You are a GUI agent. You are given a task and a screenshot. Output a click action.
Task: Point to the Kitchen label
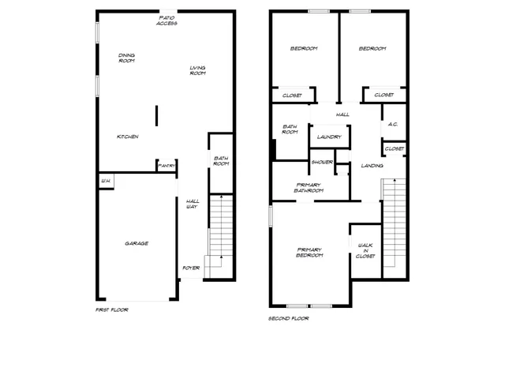point(128,137)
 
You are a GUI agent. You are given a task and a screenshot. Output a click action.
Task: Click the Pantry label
point(166,166)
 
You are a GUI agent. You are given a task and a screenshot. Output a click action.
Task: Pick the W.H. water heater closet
point(105,182)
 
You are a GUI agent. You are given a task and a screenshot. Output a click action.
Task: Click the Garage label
point(137,243)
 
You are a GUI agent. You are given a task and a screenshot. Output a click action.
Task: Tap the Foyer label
point(191,268)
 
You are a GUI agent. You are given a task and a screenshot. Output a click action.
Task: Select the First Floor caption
point(111,310)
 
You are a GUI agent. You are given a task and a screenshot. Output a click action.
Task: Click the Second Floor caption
point(289,318)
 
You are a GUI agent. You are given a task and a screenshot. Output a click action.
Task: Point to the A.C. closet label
point(393,126)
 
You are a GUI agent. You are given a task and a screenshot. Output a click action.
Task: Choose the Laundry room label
point(329,137)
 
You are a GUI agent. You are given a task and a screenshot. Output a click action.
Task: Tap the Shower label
point(322,162)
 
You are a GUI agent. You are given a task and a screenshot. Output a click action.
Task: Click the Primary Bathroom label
point(309,187)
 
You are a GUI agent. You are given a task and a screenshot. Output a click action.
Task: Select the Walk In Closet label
point(365,250)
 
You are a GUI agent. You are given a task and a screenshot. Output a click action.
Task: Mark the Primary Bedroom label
point(309,253)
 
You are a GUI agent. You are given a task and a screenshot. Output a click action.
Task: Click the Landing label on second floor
point(372,166)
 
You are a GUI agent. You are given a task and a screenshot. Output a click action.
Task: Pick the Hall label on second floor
point(342,114)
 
